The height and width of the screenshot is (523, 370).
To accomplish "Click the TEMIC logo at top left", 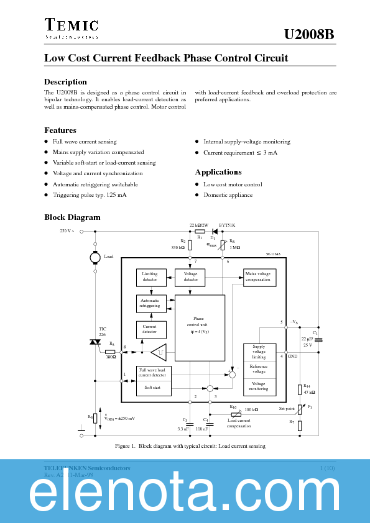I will click(71, 28).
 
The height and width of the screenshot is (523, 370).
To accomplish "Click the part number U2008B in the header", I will click(309, 35).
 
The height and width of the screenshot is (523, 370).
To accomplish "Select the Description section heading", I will click(65, 82).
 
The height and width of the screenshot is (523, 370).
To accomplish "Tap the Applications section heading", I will click(218, 172).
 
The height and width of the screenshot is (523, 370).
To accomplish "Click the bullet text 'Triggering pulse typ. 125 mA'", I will click(90, 195).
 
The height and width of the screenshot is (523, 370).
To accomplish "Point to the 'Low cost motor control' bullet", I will click(233, 184).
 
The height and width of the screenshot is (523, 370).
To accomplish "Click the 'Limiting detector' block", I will click(150, 276).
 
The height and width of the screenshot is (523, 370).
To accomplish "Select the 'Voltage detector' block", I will click(191, 276).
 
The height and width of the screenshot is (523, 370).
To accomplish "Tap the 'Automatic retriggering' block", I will click(150, 303).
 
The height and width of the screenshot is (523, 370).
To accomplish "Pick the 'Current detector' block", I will click(150, 329).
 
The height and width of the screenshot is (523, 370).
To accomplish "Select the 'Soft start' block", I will click(154, 388).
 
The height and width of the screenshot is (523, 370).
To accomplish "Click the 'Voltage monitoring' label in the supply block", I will click(259, 386).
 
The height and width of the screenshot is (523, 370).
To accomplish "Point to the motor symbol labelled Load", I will click(95, 257).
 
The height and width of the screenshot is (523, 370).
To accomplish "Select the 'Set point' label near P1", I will click(286, 409).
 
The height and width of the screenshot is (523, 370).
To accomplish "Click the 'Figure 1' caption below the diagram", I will click(190, 446).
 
